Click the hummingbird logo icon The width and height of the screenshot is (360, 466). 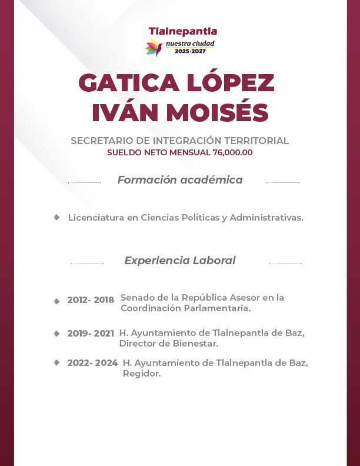coord(154,48)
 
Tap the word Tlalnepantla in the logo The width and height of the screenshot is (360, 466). coord(183,31)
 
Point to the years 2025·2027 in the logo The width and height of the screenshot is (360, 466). coord(194,52)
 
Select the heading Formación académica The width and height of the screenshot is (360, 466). coord(180,180)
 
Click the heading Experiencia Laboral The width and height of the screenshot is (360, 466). coord(180,260)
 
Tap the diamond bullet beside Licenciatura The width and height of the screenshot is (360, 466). coord(56,217)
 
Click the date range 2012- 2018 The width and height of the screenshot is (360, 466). coord(91,300)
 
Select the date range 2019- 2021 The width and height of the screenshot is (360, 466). coord(91,334)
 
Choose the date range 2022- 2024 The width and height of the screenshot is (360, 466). coord(92,363)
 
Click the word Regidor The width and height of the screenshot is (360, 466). coord(142,374)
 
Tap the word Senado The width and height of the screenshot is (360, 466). coord(138,298)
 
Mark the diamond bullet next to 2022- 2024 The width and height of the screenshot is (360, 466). coord(56,362)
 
